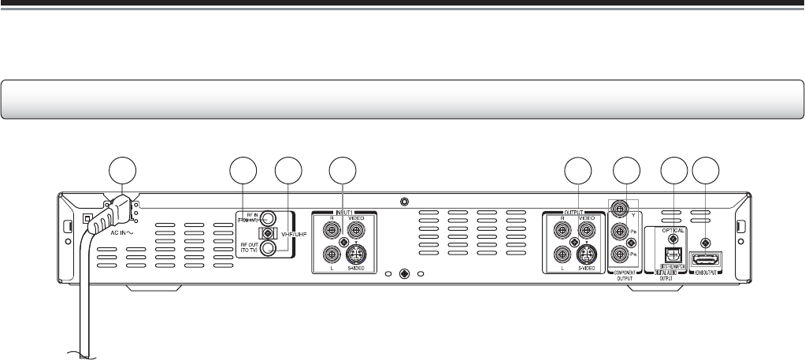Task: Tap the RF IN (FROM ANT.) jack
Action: pyautogui.click(x=269, y=218)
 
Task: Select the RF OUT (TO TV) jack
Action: pyautogui.click(x=269, y=248)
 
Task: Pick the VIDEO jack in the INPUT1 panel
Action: pyautogui.click(x=355, y=229)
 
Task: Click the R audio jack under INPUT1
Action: pyautogui.click(x=331, y=229)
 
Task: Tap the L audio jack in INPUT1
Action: pyautogui.click(x=331, y=255)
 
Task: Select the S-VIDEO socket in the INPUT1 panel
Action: pyautogui.click(x=355, y=255)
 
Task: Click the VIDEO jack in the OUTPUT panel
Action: pyautogui.click(x=587, y=229)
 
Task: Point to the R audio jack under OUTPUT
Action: pyautogui.click(x=562, y=229)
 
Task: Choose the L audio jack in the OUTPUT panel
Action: pyautogui.click(x=562, y=255)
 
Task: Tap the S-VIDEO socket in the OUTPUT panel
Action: pyautogui.click(x=587, y=255)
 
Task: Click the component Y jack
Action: pyautogui.click(x=623, y=209)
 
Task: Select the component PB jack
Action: pyautogui.click(x=623, y=232)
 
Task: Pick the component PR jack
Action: pyautogui.click(x=623, y=255)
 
